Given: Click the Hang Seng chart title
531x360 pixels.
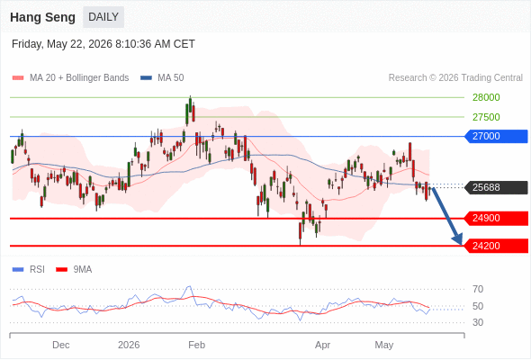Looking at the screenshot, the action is point(42,17).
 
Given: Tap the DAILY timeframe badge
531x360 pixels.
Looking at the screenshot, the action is point(103,17).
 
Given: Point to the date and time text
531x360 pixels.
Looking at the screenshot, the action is point(103,44).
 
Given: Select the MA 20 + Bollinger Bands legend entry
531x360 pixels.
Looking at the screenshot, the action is point(70,78).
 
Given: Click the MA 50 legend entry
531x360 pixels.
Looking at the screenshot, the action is point(162,78).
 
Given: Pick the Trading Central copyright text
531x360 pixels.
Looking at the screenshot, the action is point(455,78).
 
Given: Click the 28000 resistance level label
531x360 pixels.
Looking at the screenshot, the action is point(486,97).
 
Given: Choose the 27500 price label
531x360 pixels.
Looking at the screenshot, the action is point(486,117).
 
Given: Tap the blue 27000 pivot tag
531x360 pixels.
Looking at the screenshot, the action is point(496,136).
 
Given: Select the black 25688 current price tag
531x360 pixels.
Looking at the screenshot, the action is point(496,187).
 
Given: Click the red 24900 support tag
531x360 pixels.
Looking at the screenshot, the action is point(496,218).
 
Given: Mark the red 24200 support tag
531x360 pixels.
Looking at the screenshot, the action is point(496,246).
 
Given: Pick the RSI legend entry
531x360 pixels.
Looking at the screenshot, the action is point(29,270).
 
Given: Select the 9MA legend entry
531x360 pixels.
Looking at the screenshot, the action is point(74,270).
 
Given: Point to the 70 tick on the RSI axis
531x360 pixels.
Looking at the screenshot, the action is point(478,289).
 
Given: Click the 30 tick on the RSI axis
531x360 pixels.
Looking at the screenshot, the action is point(478,322).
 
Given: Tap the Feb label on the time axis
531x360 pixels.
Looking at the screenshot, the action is point(197,345).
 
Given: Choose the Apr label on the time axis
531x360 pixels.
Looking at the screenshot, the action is point(322,345).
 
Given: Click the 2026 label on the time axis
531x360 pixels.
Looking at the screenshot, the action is point(129,345).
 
